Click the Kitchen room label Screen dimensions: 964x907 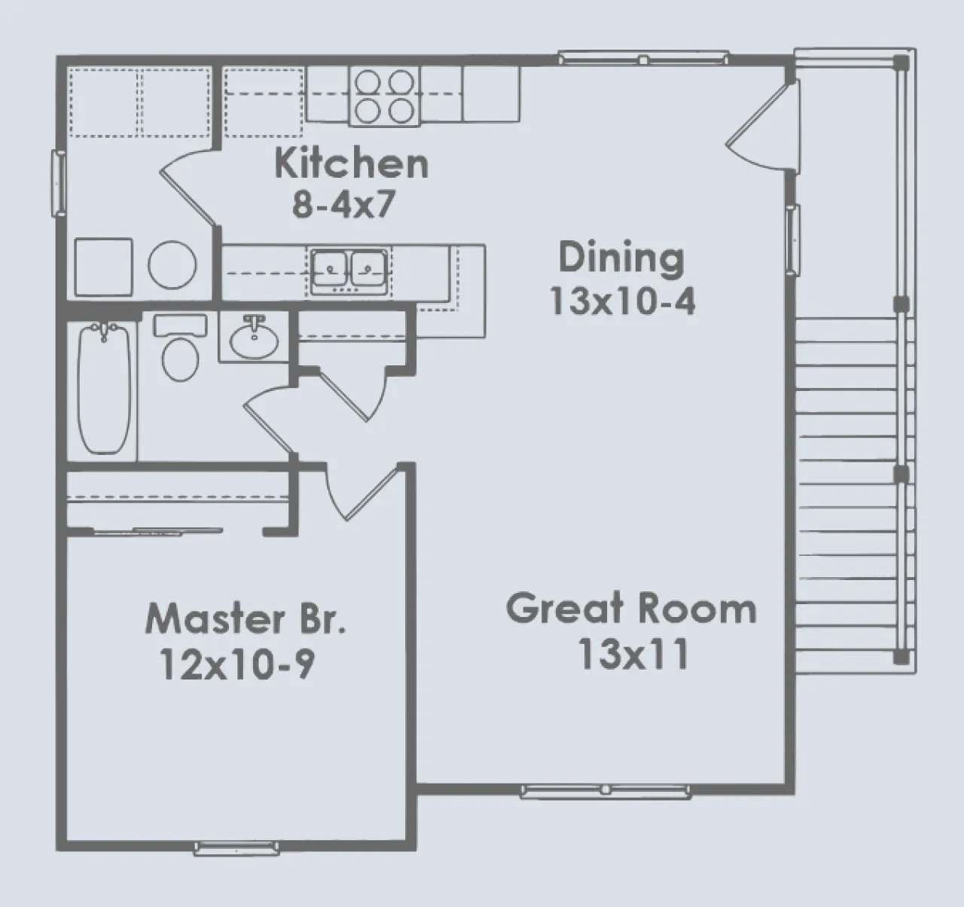point(352,164)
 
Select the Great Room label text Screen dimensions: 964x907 point(631,608)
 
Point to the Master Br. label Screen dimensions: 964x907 point(246,618)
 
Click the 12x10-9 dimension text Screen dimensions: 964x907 point(238,664)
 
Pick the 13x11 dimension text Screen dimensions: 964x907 point(634,654)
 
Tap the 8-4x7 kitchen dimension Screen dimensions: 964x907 point(343,204)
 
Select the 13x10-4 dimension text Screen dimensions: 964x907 point(622,301)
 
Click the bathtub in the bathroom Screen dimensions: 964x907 point(104,389)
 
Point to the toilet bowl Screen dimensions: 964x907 point(180,359)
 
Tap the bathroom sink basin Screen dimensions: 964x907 point(254,341)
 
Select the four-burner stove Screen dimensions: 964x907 point(384,96)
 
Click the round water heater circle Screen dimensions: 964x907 point(172,264)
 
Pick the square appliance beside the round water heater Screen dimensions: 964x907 point(103,267)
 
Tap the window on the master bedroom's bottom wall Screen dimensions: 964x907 point(236,848)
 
